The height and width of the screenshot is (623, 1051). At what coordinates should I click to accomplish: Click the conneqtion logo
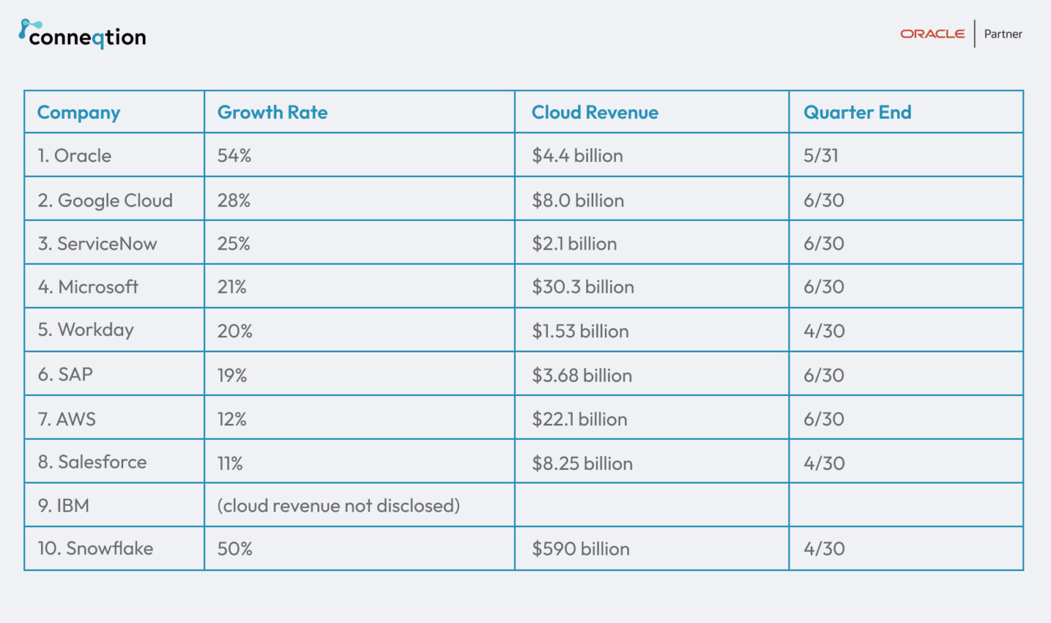(x=82, y=35)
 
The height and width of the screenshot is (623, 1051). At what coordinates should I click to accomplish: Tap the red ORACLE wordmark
(x=932, y=34)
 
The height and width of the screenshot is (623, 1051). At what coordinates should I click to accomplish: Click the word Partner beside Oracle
(x=1002, y=34)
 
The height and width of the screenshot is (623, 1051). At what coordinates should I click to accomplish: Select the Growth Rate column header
(x=272, y=112)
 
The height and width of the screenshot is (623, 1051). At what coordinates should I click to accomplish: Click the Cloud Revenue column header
(x=595, y=112)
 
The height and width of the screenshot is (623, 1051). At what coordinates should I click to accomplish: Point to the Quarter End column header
(x=857, y=112)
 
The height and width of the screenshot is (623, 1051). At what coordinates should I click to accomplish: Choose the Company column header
(x=79, y=113)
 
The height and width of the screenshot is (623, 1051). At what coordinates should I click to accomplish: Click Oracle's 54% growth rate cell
(x=234, y=156)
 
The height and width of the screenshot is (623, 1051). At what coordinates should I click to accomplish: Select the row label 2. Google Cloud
(x=105, y=200)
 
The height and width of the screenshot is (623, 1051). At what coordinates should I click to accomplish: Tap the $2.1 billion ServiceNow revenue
(x=574, y=244)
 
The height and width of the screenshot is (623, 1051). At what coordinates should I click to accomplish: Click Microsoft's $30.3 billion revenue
(x=583, y=287)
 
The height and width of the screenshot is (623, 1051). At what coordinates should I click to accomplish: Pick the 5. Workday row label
(x=86, y=330)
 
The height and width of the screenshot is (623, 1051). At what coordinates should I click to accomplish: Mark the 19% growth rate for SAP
(x=232, y=375)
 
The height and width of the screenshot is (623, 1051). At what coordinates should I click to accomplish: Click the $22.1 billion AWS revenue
(x=580, y=419)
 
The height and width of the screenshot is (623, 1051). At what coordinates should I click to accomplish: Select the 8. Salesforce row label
(x=92, y=462)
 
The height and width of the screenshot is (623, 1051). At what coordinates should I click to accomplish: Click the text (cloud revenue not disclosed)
(x=338, y=506)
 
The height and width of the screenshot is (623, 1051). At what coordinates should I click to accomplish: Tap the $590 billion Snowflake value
(x=580, y=549)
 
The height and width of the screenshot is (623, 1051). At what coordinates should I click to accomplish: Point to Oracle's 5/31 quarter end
(x=820, y=156)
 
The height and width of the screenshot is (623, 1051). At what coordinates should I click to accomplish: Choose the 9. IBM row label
(x=64, y=506)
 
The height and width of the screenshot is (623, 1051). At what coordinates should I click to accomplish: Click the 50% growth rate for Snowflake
(x=235, y=549)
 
